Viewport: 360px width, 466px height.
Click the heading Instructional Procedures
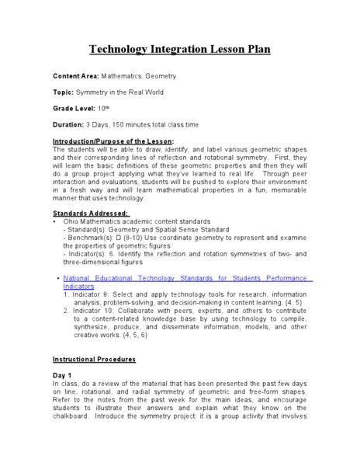point(94,360)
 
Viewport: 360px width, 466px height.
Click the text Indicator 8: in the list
point(92,294)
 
